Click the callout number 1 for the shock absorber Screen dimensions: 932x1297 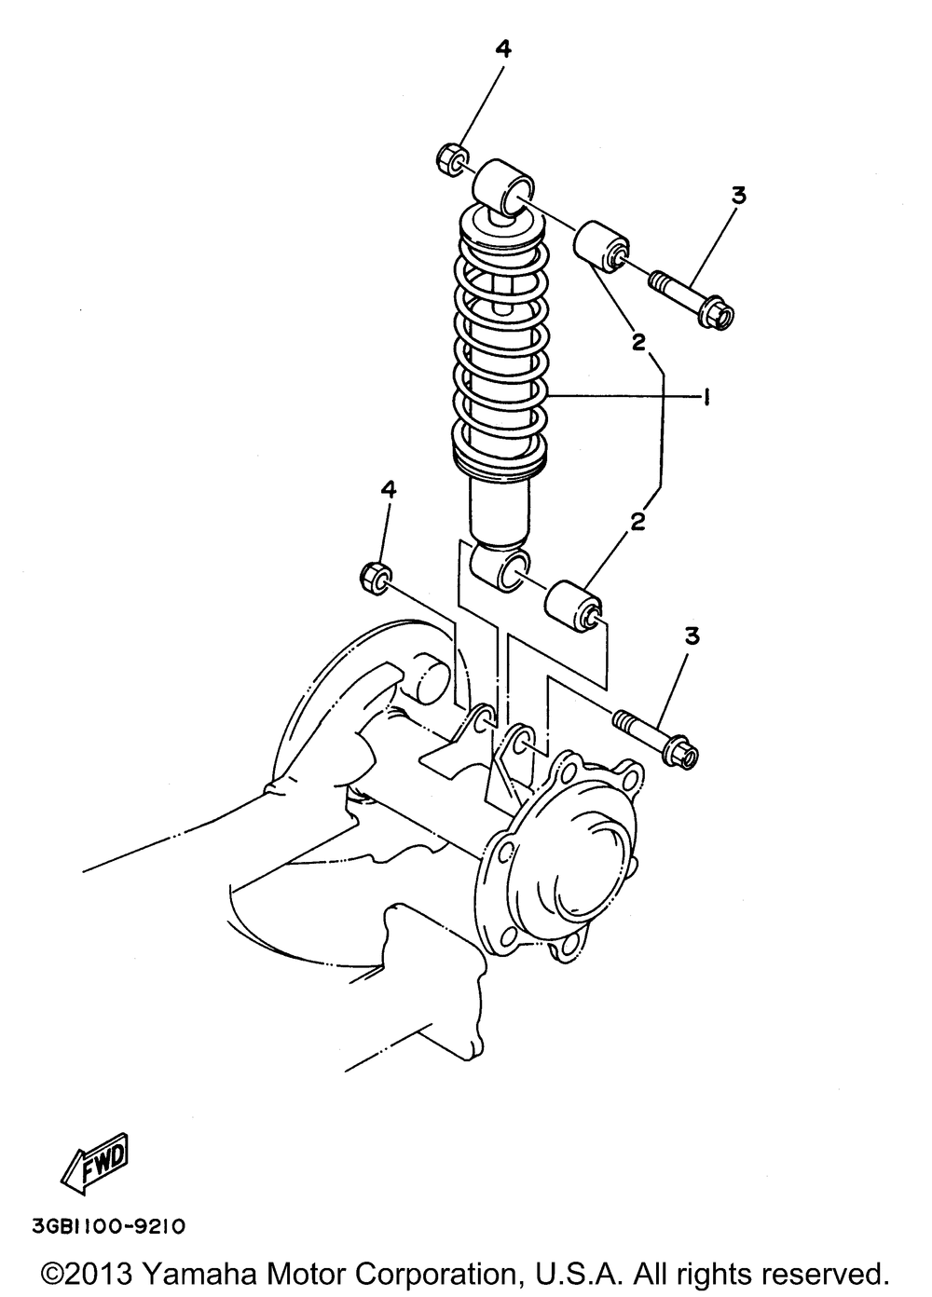point(708,398)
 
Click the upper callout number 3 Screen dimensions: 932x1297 point(738,197)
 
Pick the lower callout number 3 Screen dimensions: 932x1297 point(692,636)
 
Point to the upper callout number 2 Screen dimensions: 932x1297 point(638,342)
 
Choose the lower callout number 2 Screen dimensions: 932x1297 point(637,522)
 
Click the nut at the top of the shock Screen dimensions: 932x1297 point(450,158)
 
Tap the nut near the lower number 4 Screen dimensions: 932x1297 point(374,576)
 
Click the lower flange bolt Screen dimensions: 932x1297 point(657,736)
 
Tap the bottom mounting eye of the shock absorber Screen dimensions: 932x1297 point(503,568)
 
